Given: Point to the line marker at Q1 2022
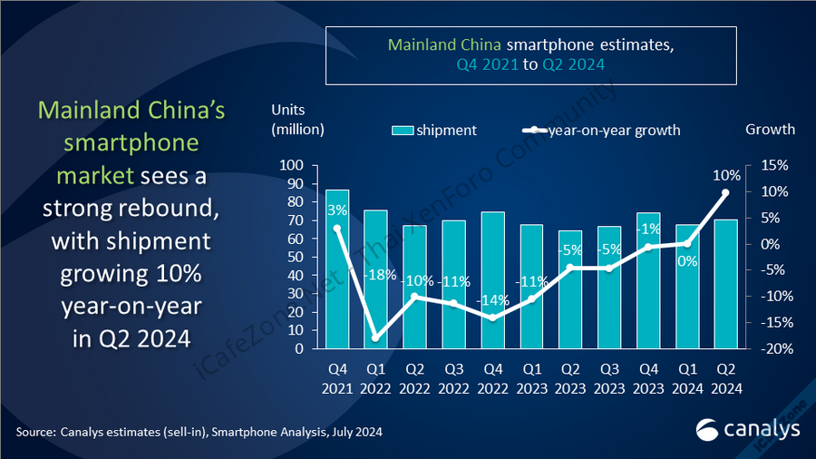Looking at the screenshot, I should (376, 338).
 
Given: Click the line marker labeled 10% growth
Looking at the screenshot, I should (725, 192).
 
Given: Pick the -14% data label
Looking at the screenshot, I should (492, 299).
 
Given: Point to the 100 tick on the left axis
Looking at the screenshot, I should (291, 166).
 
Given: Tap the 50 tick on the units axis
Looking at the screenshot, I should (295, 258).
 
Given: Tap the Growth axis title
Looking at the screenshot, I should (770, 129).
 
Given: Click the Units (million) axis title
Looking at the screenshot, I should (297, 119).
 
